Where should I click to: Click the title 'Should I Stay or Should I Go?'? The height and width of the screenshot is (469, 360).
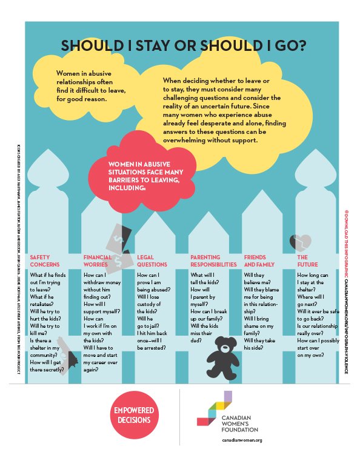click(x=180, y=47)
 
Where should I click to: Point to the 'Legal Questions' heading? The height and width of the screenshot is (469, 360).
click(x=152, y=261)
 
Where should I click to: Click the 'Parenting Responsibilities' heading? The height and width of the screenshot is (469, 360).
click(x=213, y=261)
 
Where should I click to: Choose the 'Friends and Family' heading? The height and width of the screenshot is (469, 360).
click(x=258, y=261)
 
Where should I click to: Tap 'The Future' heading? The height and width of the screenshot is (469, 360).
click(x=303, y=261)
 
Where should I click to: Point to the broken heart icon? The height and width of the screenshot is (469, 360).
click(x=300, y=242)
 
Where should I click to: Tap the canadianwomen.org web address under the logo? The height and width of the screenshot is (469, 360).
click(x=241, y=441)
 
